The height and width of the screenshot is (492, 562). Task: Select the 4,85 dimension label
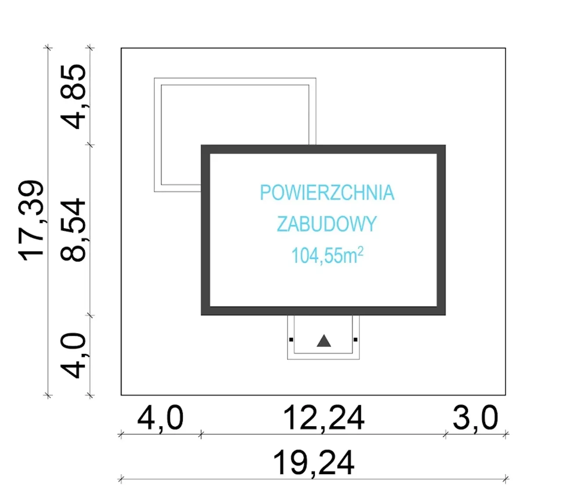(74, 97)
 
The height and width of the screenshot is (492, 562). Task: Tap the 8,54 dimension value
(74, 230)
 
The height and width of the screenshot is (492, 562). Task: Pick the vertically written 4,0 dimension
(74, 356)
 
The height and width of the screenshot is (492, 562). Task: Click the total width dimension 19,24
(313, 463)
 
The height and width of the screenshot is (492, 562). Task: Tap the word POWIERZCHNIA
(327, 193)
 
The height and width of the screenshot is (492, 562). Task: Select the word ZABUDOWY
(327, 224)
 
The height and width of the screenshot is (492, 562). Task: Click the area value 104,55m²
(327, 255)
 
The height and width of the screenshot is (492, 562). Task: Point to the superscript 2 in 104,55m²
(360, 251)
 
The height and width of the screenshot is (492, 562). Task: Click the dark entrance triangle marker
(324, 341)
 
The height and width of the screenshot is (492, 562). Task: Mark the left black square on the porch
(291, 339)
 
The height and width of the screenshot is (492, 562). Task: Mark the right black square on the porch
(356, 339)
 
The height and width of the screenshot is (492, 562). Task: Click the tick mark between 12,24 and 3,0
(445, 435)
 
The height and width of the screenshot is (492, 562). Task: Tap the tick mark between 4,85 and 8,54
(90, 144)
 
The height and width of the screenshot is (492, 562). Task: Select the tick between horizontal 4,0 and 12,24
(201, 435)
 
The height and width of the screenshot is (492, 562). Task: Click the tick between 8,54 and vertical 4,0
(90, 315)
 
